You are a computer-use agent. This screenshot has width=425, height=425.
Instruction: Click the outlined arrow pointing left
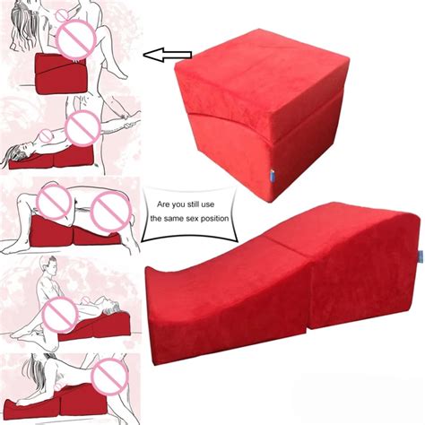coord(168,55)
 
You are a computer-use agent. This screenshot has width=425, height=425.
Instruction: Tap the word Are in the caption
coord(163,204)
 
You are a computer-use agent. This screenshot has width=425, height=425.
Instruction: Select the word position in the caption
coord(214,219)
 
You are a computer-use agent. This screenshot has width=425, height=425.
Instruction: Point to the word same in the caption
coord(174,219)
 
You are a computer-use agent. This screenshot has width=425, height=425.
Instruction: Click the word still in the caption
coord(193,204)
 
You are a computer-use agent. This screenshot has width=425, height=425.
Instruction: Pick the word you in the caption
coord(178,205)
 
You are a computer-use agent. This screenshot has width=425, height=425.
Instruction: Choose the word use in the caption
coord(207,204)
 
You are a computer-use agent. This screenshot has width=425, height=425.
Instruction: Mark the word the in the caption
coord(156,218)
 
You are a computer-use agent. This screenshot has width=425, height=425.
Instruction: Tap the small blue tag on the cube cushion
coord(272,174)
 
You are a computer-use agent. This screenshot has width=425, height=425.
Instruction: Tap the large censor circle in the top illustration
coord(76,41)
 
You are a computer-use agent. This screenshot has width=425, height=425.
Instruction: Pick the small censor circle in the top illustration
coord(63,15)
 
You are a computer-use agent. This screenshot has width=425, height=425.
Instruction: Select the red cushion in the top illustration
coord(62,73)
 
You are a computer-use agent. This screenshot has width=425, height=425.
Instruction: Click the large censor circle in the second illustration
coord(82,128)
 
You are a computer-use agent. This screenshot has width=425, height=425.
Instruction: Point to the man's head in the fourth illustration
coord(48,266)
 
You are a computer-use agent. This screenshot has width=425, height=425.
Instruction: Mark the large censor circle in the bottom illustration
coord(110,377)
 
